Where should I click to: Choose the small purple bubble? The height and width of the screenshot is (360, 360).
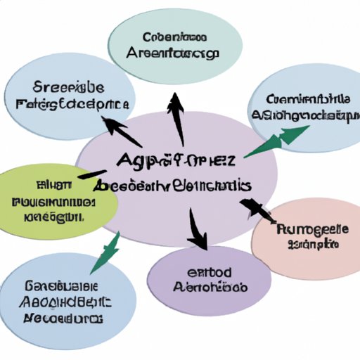[x=210, y=280]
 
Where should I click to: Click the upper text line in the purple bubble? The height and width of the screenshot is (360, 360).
[x=210, y=272]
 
